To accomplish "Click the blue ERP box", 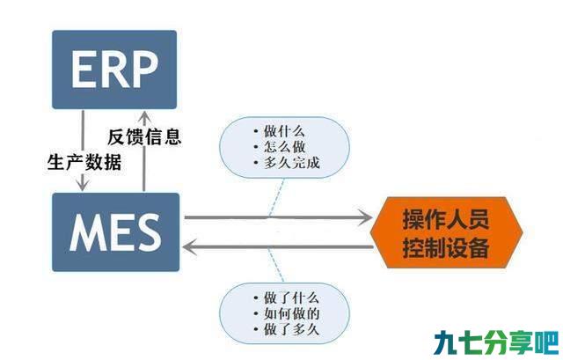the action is [x=114, y=70].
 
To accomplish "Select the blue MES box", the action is [x=115, y=232].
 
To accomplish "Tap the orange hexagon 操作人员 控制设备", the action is [x=446, y=232].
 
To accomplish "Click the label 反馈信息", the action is [x=144, y=137].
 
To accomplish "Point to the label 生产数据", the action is [x=84, y=162].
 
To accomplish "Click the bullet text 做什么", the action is [x=284, y=131].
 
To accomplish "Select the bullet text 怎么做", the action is [x=284, y=147].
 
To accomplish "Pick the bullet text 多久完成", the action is [x=291, y=163].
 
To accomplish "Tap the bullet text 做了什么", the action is [x=291, y=298].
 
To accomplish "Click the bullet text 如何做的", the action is [x=291, y=313].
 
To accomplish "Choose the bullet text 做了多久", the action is [x=291, y=329].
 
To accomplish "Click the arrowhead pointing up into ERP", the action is [x=144, y=116].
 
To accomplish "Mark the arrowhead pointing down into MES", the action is [x=83, y=186].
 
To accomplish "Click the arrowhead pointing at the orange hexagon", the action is [x=365, y=217].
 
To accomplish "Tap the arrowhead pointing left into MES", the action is [x=190, y=247].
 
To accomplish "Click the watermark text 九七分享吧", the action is [x=496, y=342].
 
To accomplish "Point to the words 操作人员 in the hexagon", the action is [x=446, y=219].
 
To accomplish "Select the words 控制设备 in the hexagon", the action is [x=446, y=247].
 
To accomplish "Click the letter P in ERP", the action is [x=144, y=70].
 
